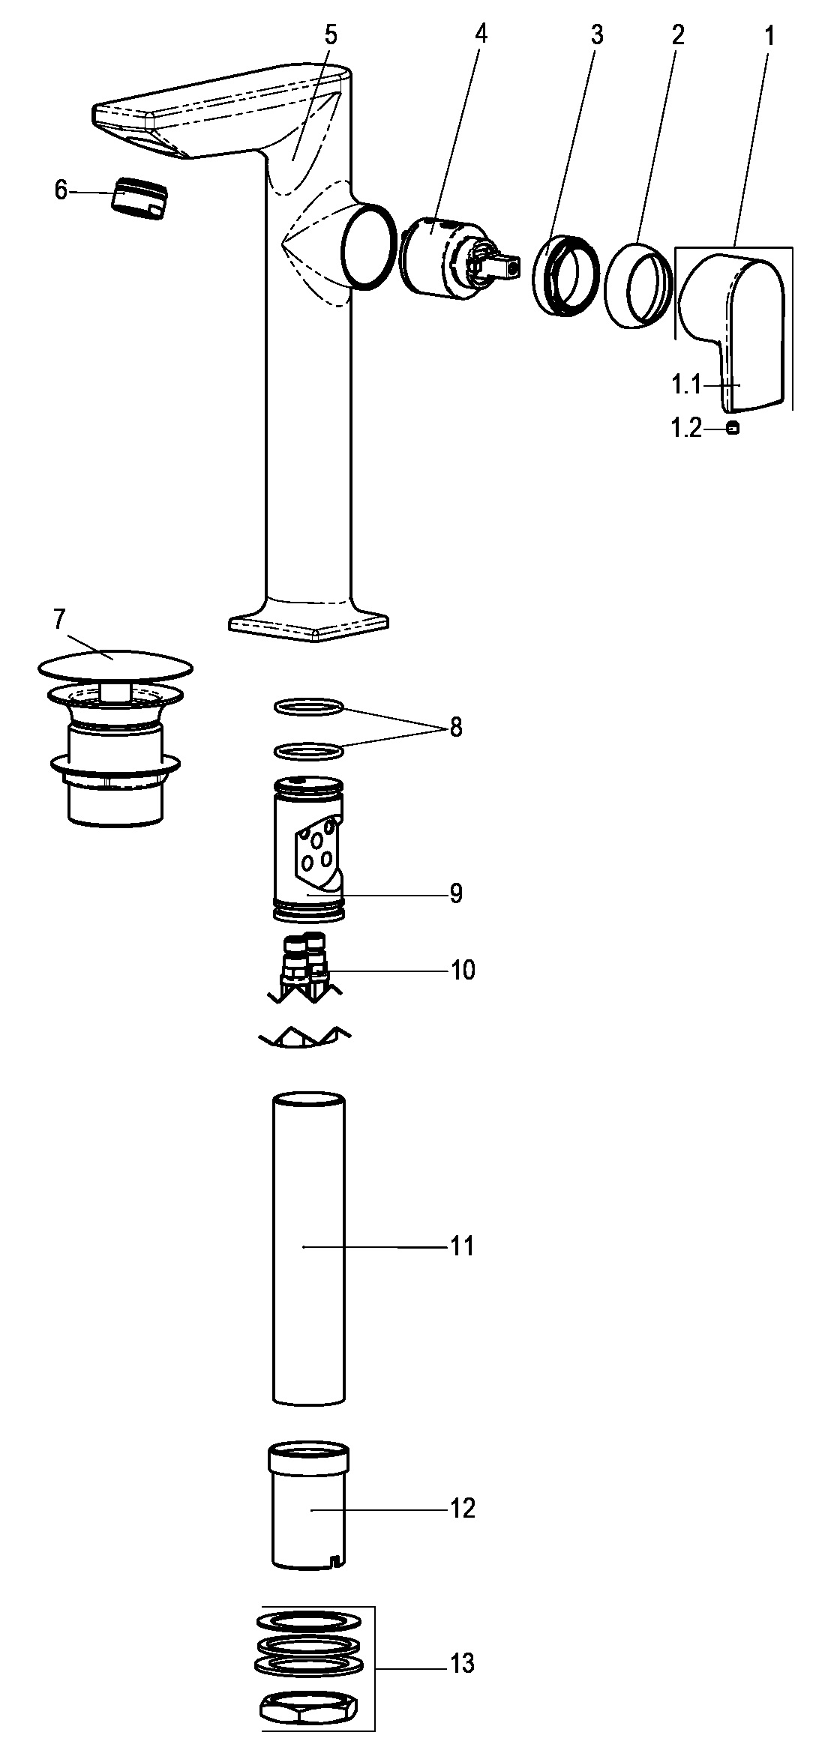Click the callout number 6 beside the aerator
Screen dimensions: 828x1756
[61, 190]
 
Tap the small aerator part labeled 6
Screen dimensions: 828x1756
[140, 199]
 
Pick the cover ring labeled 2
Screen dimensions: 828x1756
[638, 284]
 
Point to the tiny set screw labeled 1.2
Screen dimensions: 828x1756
[733, 429]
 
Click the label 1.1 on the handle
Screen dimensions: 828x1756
[685, 385]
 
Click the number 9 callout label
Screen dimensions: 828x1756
[456, 893]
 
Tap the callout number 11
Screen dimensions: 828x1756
[462, 1247]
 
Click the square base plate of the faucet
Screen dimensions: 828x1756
[309, 624]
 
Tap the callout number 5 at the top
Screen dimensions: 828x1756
[331, 34]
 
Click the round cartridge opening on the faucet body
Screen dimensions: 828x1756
[368, 247]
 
